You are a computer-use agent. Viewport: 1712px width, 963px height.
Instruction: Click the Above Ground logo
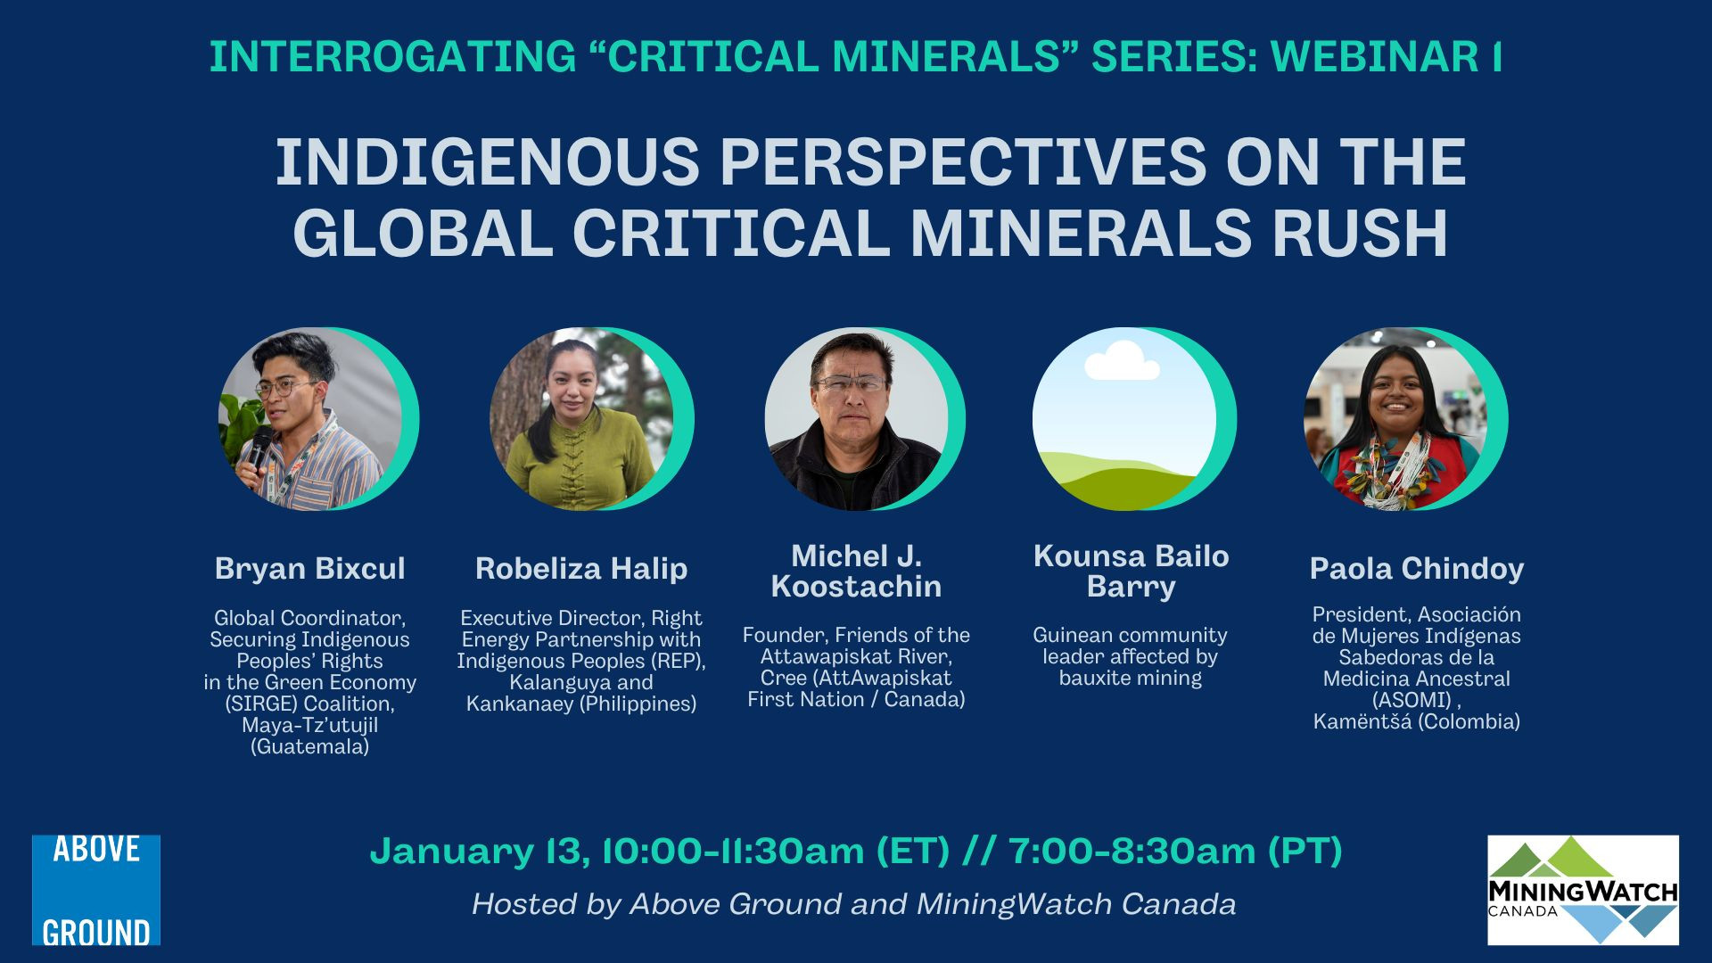click(96, 890)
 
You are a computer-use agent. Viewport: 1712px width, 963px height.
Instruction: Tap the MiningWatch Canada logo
click(1583, 890)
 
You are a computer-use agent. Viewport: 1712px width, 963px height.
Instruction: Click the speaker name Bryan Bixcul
click(310, 568)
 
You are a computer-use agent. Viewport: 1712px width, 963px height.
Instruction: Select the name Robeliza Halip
click(581, 568)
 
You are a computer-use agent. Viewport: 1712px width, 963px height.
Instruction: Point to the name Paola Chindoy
click(1417, 568)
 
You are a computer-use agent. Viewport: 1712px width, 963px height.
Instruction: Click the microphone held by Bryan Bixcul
click(259, 446)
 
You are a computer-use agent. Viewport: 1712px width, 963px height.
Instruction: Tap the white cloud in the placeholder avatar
click(1122, 361)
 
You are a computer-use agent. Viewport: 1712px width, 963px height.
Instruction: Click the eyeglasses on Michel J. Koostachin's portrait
click(851, 384)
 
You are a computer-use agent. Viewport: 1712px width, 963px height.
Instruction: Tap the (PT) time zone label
click(1305, 852)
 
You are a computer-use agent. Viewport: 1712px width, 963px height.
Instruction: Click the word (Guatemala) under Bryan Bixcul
click(310, 746)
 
